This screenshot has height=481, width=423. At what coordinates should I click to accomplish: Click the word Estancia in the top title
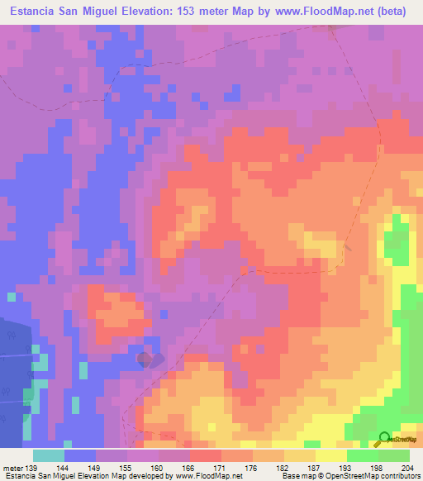[32, 12]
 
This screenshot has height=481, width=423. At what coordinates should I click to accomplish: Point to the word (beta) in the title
[389, 12]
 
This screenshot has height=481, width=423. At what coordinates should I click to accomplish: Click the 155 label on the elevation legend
[128, 467]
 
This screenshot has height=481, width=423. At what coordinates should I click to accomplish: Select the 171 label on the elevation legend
[221, 467]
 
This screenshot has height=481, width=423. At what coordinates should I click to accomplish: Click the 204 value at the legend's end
[406, 467]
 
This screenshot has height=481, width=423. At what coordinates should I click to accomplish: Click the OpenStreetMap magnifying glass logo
[384, 439]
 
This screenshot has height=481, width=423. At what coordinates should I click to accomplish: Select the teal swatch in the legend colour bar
[49, 455]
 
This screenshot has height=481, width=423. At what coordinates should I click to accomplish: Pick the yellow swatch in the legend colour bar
[331, 455]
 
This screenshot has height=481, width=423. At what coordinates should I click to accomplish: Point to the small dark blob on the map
[146, 360]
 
